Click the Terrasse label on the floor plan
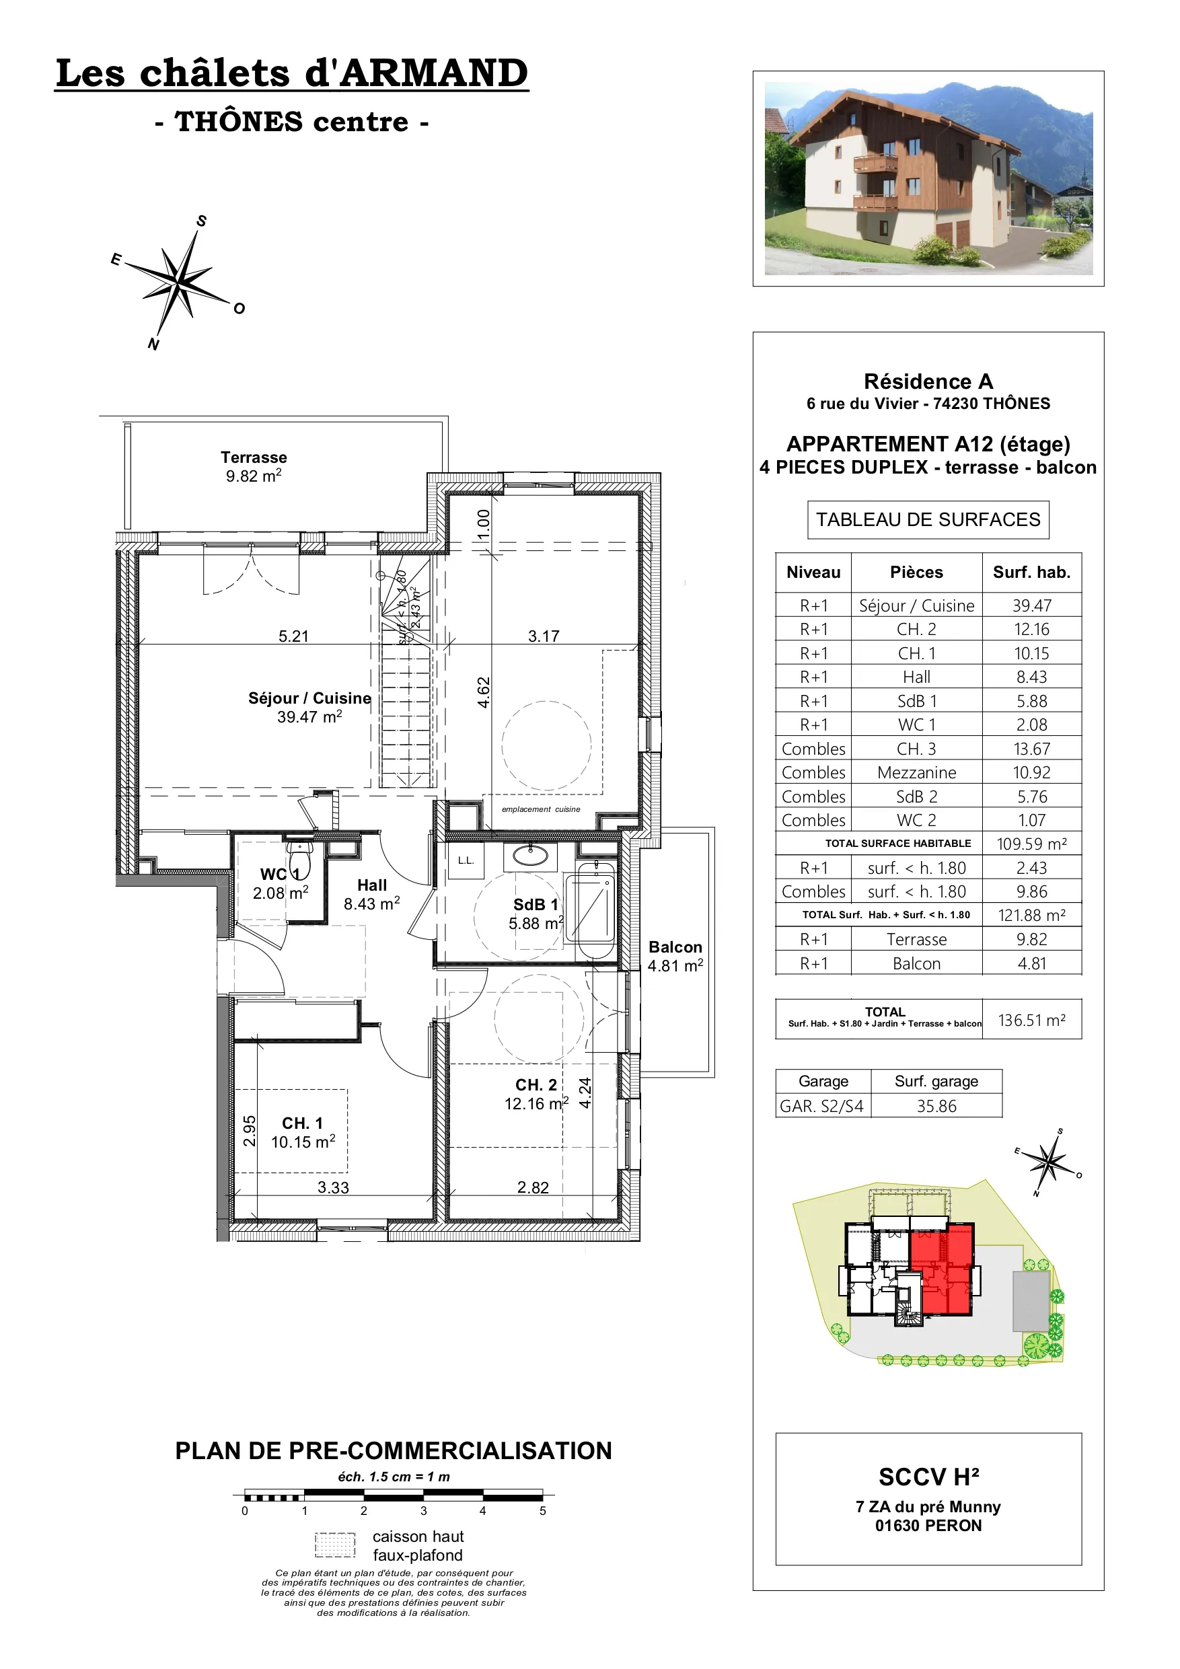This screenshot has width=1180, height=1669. (254, 457)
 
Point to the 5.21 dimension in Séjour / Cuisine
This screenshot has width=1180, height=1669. (294, 636)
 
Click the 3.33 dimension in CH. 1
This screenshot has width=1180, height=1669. (333, 1188)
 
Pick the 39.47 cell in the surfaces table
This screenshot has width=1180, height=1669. (1032, 605)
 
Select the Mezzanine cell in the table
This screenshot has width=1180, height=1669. (917, 773)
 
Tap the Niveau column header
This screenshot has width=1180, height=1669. (813, 572)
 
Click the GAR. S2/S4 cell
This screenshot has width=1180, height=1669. (822, 1107)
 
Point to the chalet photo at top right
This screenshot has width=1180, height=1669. (928, 178)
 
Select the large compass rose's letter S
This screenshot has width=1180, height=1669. (201, 221)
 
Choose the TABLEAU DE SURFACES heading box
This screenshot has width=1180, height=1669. (928, 520)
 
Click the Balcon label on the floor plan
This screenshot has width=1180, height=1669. (675, 947)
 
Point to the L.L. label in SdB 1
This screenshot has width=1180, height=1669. (466, 860)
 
